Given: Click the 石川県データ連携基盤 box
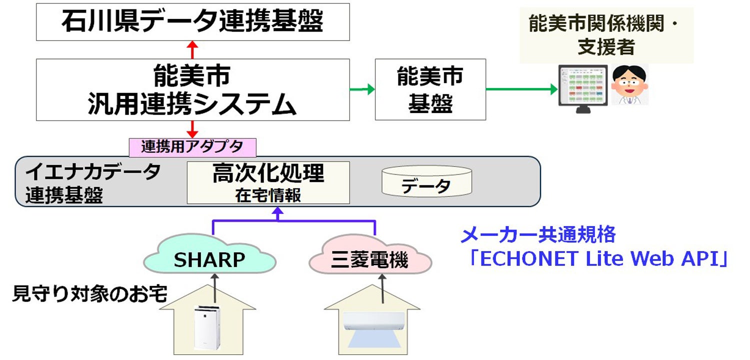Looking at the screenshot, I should click(x=192, y=22).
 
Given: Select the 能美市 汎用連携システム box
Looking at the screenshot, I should click(x=192, y=89).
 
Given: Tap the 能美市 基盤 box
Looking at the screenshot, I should click(x=430, y=89).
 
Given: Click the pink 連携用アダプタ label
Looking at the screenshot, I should click(x=192, y=147).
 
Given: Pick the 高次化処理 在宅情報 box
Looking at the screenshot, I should click(x=268, y=182).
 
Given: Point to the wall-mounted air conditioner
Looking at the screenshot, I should click(x=373, y=321).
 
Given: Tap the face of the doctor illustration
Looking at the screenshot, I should click(x=629, y=82).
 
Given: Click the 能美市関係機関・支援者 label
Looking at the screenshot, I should click(x=606, y=35).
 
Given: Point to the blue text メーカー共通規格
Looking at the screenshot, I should click(x=537, y=234).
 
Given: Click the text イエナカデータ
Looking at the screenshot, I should click(x=93, y=171).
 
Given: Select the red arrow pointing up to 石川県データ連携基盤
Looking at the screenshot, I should click(x=192, y=49).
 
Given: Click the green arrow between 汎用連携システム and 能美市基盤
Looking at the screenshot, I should click(x=362, y=89).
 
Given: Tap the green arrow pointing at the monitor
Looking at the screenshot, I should click(x=522, y=89).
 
